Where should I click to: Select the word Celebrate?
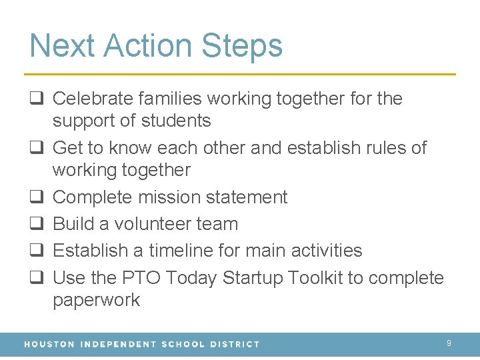click(93, 99)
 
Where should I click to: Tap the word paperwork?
click(96, 300)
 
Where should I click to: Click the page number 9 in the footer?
click(449, 343)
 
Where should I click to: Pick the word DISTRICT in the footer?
click(233, 344)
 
